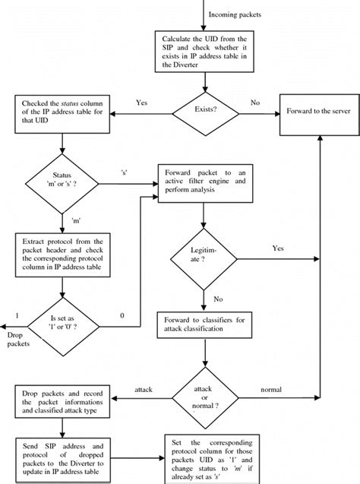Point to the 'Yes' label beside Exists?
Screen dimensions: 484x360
point(141,102)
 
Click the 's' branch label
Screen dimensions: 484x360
point(124,171)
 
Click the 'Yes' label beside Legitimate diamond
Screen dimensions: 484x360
point(278,248)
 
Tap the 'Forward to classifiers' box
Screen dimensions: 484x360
point(203,325)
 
